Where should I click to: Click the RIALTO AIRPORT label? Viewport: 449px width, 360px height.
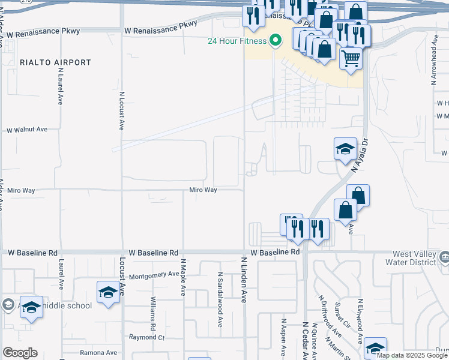55,62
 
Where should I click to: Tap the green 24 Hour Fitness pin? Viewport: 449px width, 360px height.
276,41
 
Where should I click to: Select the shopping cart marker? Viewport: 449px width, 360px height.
351,59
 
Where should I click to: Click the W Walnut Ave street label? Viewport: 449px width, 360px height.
26,130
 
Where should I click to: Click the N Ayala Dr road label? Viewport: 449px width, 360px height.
363,160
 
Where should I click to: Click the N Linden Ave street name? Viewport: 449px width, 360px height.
244,280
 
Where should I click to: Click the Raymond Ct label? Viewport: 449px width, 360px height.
146,338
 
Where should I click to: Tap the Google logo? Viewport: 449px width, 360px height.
20,353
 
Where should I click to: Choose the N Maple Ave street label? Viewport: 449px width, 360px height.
184,277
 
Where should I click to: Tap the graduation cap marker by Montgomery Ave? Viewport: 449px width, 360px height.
108,292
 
